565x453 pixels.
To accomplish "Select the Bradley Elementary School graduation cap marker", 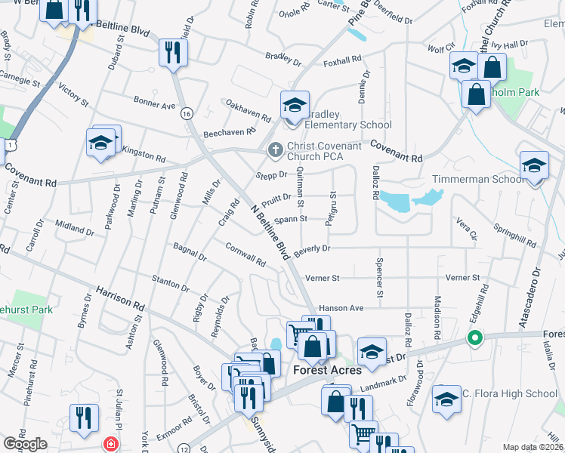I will click(x=295, y=105).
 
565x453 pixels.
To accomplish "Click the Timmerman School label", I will click(x=477, y=179).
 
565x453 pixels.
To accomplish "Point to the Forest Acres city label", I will click(x=327, y=370).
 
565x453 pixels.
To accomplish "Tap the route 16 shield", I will click(x=186, y=112).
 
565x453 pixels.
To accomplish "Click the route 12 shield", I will click(x=184, y=448).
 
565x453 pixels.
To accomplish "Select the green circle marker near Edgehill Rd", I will click(x=475, y=337).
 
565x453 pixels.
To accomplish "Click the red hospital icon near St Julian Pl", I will click(x=112, y=443).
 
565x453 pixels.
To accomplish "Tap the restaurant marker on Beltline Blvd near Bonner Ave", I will click(x=173, y=52).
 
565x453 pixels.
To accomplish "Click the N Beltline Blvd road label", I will click(x=269, y=229).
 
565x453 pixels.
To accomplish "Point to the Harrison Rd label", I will click(x=120, y=299).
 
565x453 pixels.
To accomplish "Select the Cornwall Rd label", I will click(x=245, y=255).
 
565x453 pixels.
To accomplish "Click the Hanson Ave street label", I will click(x=341, y=308).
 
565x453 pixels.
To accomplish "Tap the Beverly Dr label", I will click(x=312, y=249).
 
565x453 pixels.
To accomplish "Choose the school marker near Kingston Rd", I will click(x=101, y=142).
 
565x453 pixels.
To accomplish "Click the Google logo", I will click(x=25, y=444).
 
